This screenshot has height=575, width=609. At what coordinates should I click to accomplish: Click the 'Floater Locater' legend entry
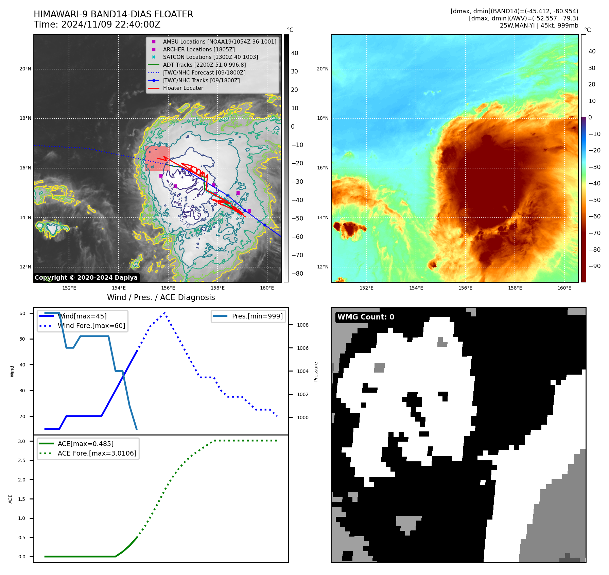tap(183, 88)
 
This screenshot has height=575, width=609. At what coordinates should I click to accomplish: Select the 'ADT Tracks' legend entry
tap(204, 65)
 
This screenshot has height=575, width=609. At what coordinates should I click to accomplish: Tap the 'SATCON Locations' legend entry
tap(210, 57)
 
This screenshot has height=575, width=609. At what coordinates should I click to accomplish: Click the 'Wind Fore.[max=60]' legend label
tap(91, 326)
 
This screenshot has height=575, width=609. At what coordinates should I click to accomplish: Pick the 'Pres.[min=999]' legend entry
tap(257, 316)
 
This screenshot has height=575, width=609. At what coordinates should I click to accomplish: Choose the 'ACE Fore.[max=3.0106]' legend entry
tap(97, 453)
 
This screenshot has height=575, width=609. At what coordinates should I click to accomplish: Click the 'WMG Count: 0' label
tap(366, 317)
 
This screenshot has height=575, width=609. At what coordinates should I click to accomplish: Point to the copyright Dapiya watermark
tap(86, 278)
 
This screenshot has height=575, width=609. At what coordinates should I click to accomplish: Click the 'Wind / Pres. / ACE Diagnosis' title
tap(161, 297)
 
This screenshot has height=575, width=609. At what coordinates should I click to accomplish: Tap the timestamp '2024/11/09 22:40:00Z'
tap(111, 24)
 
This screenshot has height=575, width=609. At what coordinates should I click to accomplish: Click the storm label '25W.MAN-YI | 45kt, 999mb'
tap(539, 26)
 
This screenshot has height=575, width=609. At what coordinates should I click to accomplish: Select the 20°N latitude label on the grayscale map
tap(25, 69)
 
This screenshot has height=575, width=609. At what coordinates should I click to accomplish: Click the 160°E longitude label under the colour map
tap(564, 288)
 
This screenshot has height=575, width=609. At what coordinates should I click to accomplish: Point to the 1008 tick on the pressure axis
tap(302, 325)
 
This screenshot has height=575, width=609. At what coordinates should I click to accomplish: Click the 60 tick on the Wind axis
tap(22, 313)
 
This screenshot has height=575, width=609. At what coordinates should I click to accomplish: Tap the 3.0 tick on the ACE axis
tap(22, 441)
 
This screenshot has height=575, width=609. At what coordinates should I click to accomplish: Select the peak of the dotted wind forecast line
tap(164, 312)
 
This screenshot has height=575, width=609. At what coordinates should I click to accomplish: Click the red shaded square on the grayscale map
tap(157, 158)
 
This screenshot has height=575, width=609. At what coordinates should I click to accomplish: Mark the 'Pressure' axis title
tap(316, 372)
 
